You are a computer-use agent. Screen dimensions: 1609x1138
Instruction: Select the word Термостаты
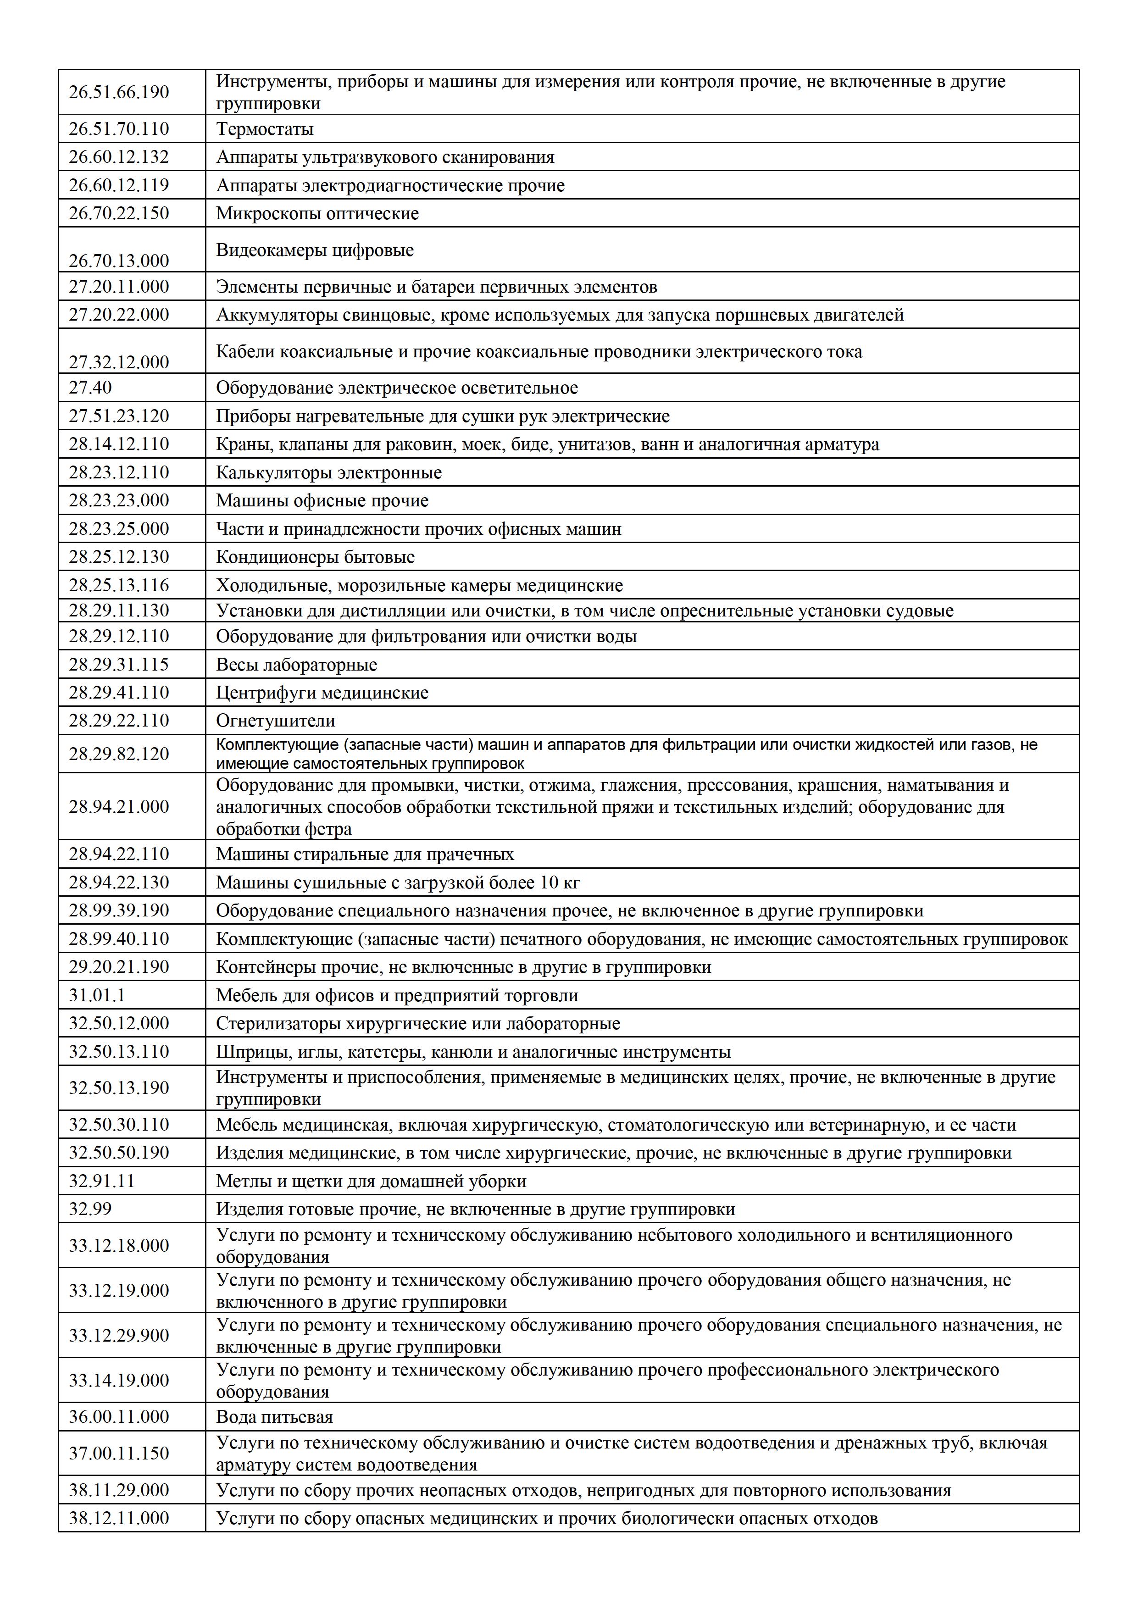pos(264,129)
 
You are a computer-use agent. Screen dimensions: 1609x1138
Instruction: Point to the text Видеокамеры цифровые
pos(315,250)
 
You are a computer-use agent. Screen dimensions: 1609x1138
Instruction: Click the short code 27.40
pos(90,388)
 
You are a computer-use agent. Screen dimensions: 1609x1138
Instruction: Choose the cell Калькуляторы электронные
pos(328,472)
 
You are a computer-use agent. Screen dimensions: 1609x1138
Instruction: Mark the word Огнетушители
pos(275,721)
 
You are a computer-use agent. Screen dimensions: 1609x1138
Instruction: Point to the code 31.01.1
pos(97,995)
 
